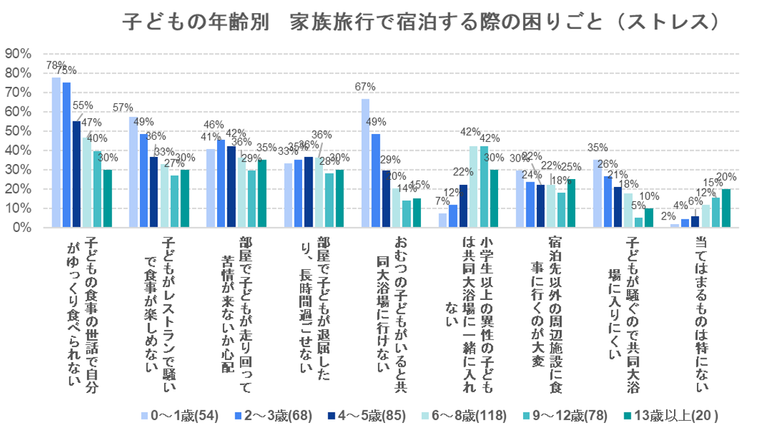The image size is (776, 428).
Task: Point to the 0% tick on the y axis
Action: click(x=17, y=228)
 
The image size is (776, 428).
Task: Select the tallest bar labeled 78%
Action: click(x=56, y=153)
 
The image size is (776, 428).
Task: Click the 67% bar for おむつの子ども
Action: click(x=365, y=163)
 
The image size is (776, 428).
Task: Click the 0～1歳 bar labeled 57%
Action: click(x=133, y=173)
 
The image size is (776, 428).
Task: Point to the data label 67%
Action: click(x=365, y=87)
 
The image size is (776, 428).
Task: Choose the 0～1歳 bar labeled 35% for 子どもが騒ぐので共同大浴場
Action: click(x=598, y=194)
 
